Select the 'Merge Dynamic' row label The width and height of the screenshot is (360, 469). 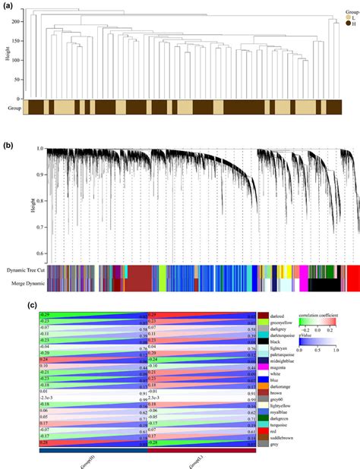[26, 284]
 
